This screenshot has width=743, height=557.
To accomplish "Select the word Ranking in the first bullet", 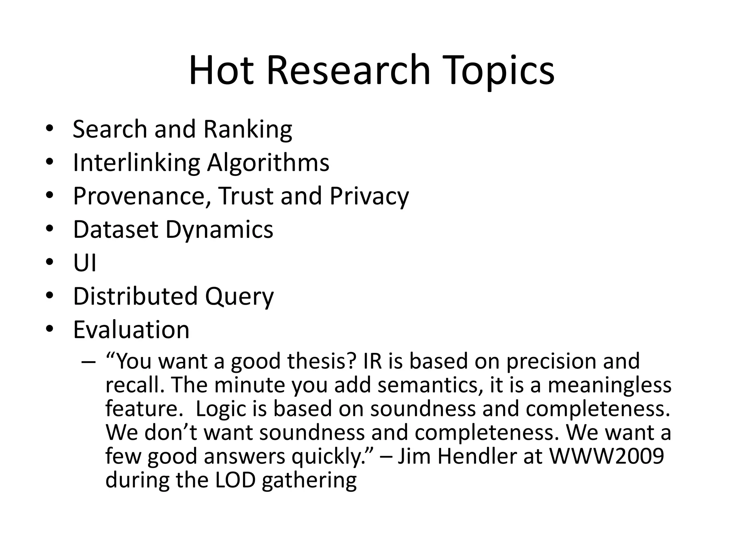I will [x=248, y=129].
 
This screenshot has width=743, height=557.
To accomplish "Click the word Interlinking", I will [x=136, y=163].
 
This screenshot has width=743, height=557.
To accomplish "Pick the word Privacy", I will [x=369, y=196].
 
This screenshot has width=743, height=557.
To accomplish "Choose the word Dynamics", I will [x=219, y=230].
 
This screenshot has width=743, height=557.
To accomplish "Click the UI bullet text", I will [x=85, y=263].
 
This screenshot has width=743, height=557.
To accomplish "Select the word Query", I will [x=239, y=297].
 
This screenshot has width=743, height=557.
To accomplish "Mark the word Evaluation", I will [x=131, y=330].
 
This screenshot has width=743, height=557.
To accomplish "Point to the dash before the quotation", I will [x=89, y=362].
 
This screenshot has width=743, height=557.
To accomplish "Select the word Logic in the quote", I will [x=220, y=409].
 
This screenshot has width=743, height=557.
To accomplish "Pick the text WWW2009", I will [x=607, y=456].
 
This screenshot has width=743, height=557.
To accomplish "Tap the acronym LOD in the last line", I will [x=235, y=480].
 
